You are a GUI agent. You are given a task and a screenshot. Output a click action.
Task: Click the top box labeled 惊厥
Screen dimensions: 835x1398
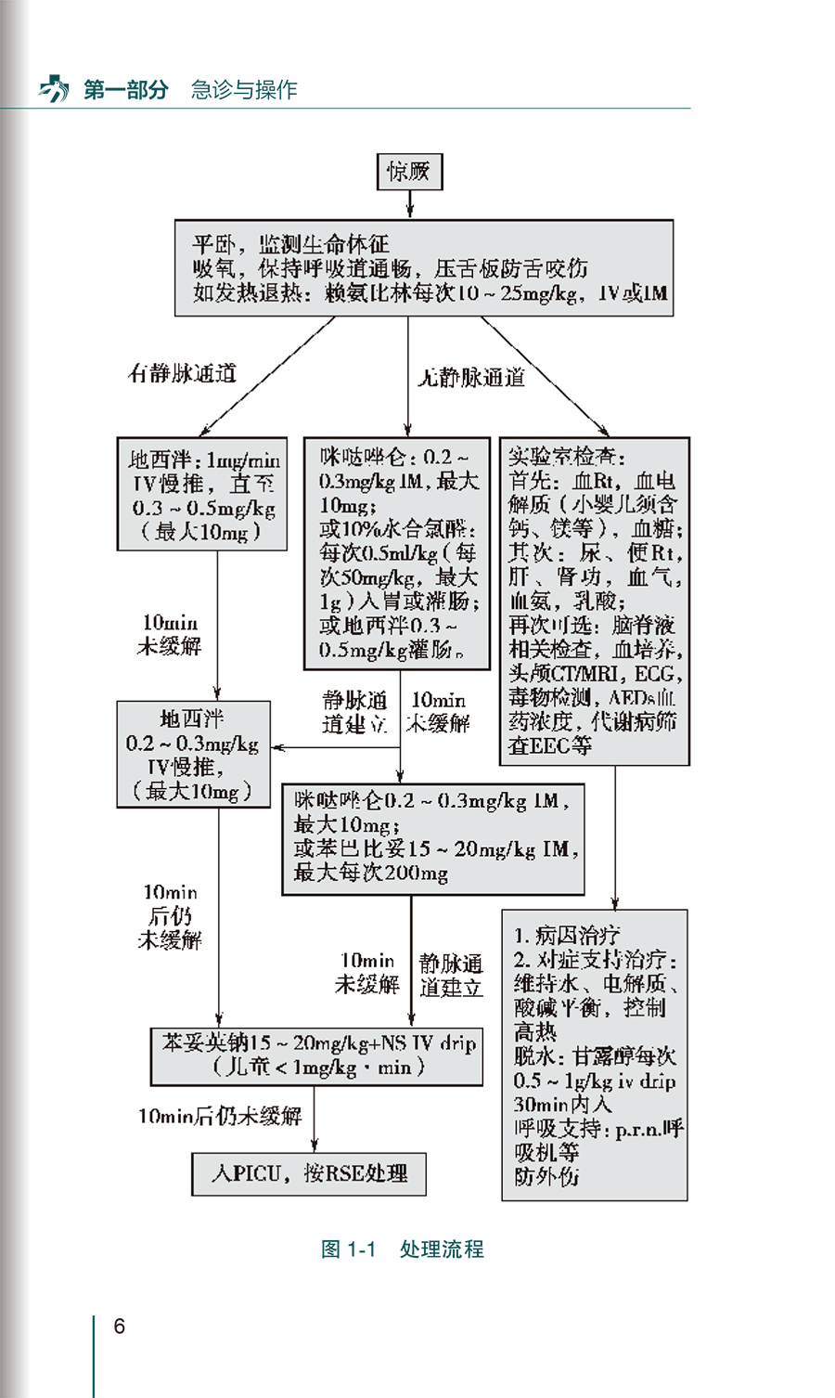pyautogui.click(x=409, y=172)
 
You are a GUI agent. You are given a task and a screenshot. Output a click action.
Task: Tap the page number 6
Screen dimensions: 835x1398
pyautogui.click(x=119, y=1327)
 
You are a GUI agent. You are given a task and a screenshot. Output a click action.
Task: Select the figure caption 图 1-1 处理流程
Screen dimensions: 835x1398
pyautogui.click(x=402, y=1249)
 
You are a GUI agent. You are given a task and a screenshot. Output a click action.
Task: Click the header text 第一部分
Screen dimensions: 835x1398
pyautogui.click(x=126, y=90)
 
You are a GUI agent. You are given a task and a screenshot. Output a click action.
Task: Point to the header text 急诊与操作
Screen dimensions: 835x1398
pyautogui.click(x=244, y=90)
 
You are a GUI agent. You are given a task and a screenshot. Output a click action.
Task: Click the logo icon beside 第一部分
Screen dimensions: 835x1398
pyautogui.click(x=54, y=90)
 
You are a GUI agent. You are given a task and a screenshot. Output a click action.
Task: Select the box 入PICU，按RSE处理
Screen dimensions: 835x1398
pyautogui.click(x=310, y=1174)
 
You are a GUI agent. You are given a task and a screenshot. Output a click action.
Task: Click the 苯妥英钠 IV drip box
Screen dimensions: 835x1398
pyautogui.click(x=316, y=1055)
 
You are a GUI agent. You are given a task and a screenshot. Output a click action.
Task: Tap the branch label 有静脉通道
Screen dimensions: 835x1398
pyautogui.click(x=182, y=373)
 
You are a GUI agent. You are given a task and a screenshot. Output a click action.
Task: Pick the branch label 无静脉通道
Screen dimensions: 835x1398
pyautogui.click(x=471, y=377)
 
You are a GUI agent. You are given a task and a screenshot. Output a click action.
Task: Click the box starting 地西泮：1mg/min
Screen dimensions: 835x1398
pyautogui.click(x=202, y=495)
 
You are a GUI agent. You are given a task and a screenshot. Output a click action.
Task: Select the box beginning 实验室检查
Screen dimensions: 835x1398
pyautogui.click(x=595, y=601)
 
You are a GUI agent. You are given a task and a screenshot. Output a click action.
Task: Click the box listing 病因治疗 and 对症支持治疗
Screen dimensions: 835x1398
pyautogui.click(x=595, y=1055)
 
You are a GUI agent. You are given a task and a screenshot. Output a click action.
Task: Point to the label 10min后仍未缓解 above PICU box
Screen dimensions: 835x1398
pyautogui.click(x=220, y=1116)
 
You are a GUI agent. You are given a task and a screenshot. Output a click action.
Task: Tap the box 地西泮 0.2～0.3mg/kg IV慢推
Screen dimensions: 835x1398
pyautogui.click(x=193, y=755)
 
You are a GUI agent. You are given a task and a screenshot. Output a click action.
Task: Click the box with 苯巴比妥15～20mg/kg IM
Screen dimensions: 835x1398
pyautogui.click(x=432, y=838)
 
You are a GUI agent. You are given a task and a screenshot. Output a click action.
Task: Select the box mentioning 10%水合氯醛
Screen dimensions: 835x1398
pyautogui.click(x=397, y=553)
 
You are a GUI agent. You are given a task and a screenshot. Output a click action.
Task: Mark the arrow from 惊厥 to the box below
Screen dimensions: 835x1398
pyautogui.click(x=409, y=204)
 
